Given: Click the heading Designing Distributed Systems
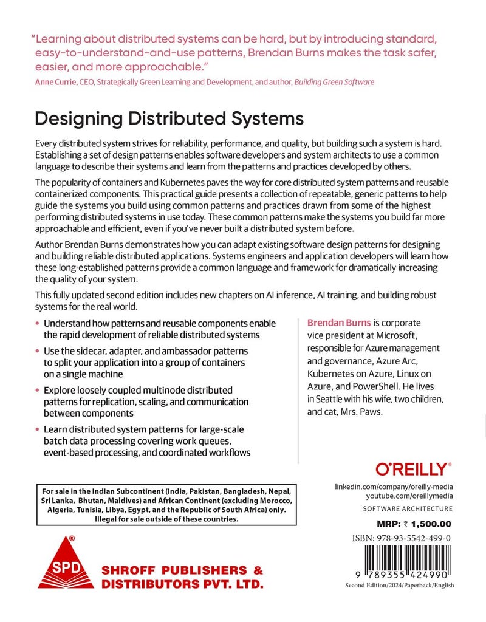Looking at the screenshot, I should (x=161, y=117).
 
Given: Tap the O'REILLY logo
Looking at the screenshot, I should (x=414, y=468).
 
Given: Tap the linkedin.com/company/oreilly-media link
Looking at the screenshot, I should (x=394, y=487).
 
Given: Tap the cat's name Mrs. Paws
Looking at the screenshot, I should (x=362, y=411).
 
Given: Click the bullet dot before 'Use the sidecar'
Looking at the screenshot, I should (x=38, y=351).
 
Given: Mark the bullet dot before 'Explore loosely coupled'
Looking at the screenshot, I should (x=38, y=390).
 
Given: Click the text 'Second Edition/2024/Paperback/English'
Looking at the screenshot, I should (x=399, y=585).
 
